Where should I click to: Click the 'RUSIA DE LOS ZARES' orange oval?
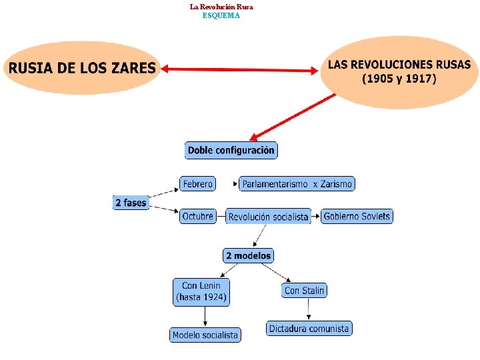coord(81,68)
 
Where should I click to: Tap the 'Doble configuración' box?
coord(231,150)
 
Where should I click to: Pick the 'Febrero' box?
coord(197,183)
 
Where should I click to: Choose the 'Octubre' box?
coord(198,216)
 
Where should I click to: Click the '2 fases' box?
coord(131,202)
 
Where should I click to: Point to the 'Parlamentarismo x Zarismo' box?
coord(297,183)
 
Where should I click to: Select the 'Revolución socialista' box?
coord(268,217)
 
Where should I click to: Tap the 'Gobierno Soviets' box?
coord(357,216)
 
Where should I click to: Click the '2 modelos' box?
coord(248,255)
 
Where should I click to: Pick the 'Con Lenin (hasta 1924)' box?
coord(201,292)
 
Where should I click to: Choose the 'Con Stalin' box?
coord(304,290)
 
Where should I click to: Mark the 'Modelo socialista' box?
coord(205,335)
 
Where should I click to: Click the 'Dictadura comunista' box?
coord(309,328)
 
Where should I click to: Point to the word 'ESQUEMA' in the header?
coord(221,15)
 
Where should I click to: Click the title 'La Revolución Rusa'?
coord(221,7)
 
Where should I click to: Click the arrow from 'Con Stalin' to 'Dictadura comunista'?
coord(308,309)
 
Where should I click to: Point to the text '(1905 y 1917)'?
coord(399,79)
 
